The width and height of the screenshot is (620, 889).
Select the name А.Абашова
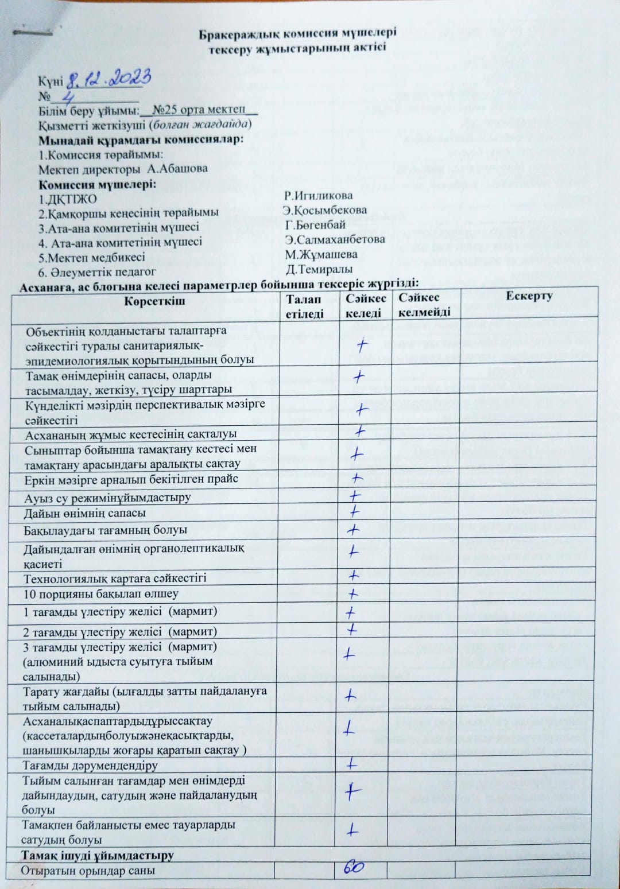click(177, 169)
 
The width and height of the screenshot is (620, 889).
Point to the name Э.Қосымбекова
click(325, 210)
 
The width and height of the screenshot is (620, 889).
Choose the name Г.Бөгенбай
click(315, 224)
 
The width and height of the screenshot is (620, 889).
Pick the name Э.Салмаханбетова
click(335, 239)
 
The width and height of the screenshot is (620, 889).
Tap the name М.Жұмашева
click(321, 254)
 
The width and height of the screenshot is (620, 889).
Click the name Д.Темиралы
click(319, 269)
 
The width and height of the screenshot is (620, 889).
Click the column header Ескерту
click(529, 296)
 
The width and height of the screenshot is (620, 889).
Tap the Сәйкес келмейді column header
click(424, 305)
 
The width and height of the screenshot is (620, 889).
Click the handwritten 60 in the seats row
click(354, 868)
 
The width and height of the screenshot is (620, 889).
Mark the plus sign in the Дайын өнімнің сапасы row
click(354, 511)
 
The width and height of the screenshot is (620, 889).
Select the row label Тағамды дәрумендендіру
click(90, 766)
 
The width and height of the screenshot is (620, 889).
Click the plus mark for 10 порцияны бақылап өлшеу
click(353, 593)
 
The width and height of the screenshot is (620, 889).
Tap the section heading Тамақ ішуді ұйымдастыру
click(98, 855)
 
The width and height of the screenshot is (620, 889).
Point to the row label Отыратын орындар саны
click(88, 870)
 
